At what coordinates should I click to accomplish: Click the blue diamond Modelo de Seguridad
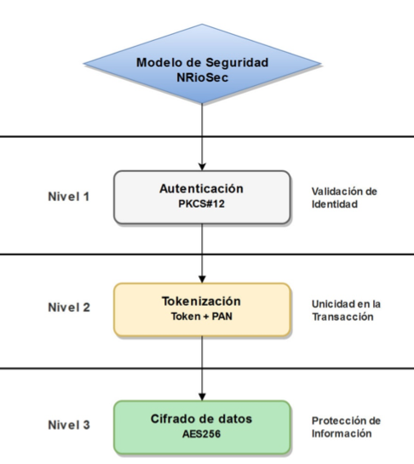[202, 64]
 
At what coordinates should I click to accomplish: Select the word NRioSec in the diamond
[203, 77]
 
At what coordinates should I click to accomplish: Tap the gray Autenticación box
[202, 197]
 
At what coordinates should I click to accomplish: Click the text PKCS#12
[201, 203]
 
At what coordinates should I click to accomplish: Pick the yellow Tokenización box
[202, 310]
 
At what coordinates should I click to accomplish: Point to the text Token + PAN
[202, 317]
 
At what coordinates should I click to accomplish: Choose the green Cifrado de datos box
[202, 427]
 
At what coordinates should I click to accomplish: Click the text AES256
[202, 434]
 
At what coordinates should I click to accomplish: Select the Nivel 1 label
[69, 197]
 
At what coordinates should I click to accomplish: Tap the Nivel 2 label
[69, 307]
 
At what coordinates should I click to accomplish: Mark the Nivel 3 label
[69, 425]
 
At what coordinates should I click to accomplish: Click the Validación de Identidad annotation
[344, 198]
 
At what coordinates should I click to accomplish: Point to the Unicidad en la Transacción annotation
[346, 311]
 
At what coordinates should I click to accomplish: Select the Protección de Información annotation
[346, 427]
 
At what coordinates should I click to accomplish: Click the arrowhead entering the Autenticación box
[202, 167]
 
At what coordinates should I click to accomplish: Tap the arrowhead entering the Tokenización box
[202, 279]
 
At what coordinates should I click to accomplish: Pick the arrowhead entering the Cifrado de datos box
[202, 397]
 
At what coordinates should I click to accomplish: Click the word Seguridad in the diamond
[237, 63]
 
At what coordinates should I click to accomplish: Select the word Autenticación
[201, 188]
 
